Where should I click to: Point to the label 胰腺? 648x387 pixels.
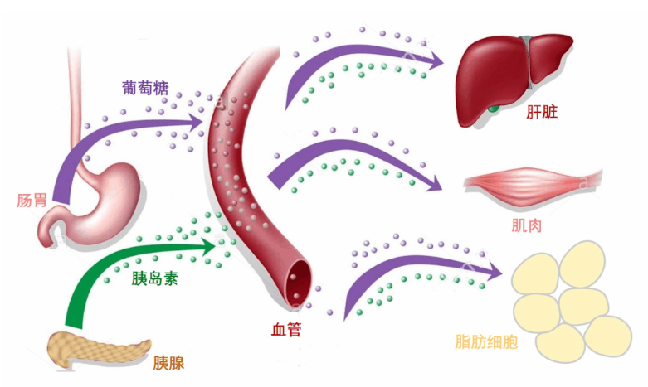click(168, 363)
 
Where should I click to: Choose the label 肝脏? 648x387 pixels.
click(540, 112)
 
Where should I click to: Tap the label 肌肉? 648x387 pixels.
click(527, 224)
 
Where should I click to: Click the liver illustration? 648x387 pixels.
click(506, 75)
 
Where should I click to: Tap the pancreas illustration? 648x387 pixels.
click(95, 348)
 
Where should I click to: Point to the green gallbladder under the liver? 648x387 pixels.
click(495, 108)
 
